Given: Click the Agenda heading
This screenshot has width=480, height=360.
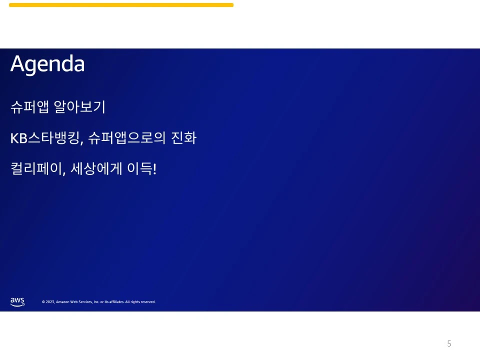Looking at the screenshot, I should pos(47,64).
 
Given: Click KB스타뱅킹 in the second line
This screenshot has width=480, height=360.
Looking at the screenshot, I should pos(44,138).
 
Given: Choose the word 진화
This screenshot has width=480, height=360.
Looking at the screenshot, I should pos(183,138).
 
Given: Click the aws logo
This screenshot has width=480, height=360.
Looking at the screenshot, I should pos(17,301).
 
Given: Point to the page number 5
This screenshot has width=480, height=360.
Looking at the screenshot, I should pos(449,343).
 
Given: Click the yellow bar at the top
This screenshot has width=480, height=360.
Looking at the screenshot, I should pos(121,5).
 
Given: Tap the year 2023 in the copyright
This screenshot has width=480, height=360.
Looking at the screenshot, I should pos(49,302).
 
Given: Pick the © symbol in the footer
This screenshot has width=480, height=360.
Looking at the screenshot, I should pos(43,302).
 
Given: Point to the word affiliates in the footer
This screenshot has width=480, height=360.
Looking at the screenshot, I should pos(115,302).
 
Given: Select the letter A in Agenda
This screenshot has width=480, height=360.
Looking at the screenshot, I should pos(17,64).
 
